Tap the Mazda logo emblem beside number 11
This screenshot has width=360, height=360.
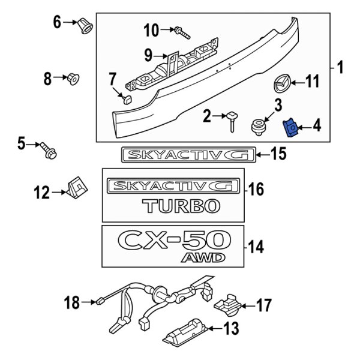coord(281,82)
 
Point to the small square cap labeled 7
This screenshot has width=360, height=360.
coord(125,98)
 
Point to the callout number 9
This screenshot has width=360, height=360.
coord(148,56)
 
